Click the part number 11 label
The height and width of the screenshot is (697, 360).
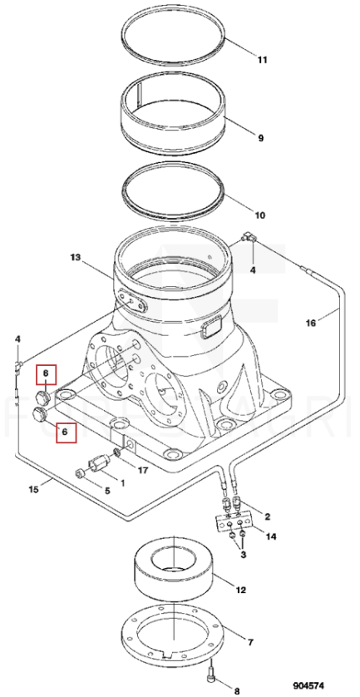point(262,59)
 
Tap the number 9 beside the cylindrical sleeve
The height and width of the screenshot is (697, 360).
point(261,138)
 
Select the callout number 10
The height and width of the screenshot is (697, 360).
point(260,215)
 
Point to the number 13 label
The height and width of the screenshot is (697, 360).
point(76,257)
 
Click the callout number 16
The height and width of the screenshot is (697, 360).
point(311,323)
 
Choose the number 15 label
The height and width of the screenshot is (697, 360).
point(34,489)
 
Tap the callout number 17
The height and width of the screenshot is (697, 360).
point(142,470)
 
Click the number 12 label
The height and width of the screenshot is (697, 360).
point(240,591)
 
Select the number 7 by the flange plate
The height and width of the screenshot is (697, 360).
point(250,642)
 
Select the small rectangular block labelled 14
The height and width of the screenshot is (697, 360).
point(234,522)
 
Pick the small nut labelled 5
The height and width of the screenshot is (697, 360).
point(81,475)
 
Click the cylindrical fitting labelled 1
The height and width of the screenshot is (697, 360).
point(99,462)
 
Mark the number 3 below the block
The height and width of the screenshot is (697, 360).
point(243,555)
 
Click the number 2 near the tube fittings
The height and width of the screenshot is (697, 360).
point(268,517)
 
